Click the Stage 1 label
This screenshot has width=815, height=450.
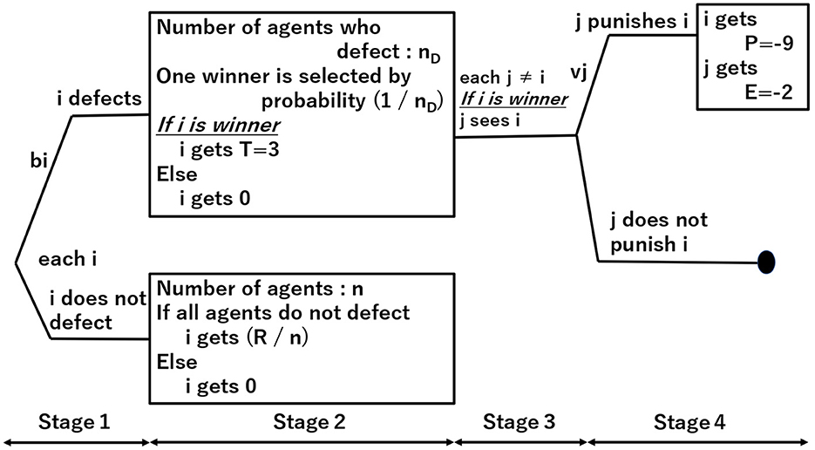pyautogui.click(x=73, y=423)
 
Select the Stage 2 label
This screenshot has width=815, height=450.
pyautogui.click(x=309, y=423)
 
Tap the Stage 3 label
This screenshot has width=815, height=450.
pyautogui.click(x=519, y=423)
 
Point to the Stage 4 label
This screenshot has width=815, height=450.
pyautogui.click(x=689, y=423)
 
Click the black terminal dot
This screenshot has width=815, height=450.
pyautogui.click(x=766, y=261)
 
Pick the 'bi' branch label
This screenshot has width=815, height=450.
pyautogui.click(x=37, y=161)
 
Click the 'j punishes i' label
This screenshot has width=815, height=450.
pyautogui.click(x=625, y=22)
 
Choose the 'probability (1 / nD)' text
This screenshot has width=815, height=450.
pyautogui.click(x=352, y=100)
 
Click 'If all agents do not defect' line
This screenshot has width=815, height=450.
pyautogui.click(x=283, y=312)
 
